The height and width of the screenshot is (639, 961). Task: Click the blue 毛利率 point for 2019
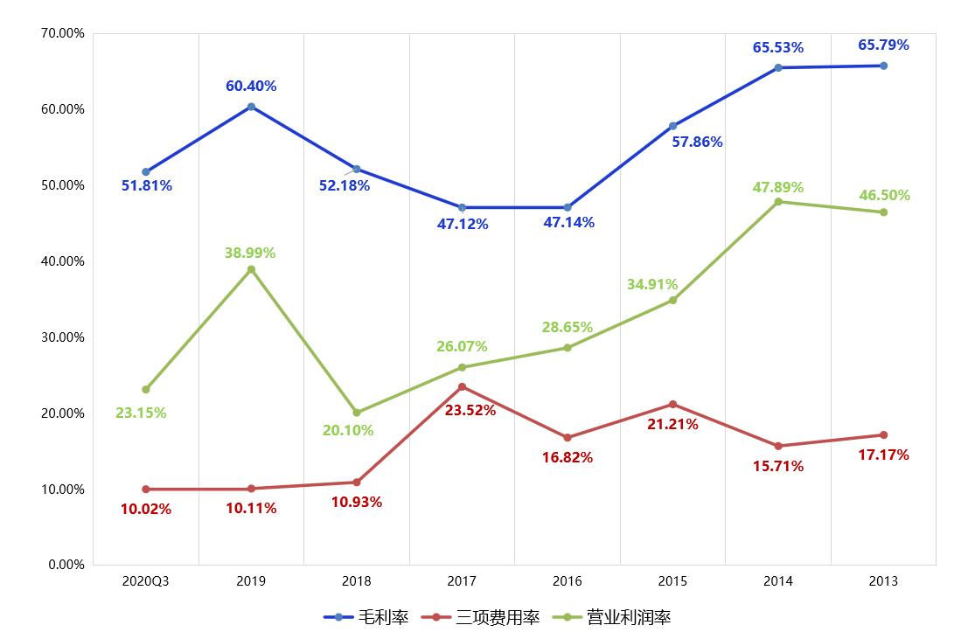click(x=251, y=107)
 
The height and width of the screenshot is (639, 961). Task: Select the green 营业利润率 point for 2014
click(x=778, y=202)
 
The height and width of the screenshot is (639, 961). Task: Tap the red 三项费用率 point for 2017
click(x=462, y=386)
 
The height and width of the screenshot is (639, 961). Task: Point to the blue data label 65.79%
click(x=883, y=45)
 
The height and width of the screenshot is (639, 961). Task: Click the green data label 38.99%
click(x=250, y=253)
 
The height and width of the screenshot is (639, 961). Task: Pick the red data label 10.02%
click(x=145, y=509)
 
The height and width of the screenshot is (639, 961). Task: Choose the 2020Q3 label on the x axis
click(x=145, y=580)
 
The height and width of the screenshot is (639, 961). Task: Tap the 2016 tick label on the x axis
click(x=568, y=580)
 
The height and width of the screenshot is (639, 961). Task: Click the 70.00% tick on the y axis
click(x=63, y=33)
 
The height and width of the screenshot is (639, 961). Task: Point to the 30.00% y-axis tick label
click(x=63, y=337)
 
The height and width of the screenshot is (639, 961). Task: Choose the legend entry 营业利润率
click(x=628, y=617)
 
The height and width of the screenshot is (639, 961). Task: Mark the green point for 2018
click(x=357, y=413)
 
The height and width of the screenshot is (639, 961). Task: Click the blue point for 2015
click(x=672, y=126)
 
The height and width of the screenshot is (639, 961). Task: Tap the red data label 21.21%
click(x=672, y=425)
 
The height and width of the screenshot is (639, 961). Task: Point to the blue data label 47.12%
click(x=463, y=224)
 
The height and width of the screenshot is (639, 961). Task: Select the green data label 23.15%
click(x=141, y=413)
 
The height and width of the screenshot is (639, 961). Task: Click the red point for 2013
click(x=883, y=434)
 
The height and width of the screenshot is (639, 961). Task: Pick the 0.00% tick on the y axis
click(x=66, y=565)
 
